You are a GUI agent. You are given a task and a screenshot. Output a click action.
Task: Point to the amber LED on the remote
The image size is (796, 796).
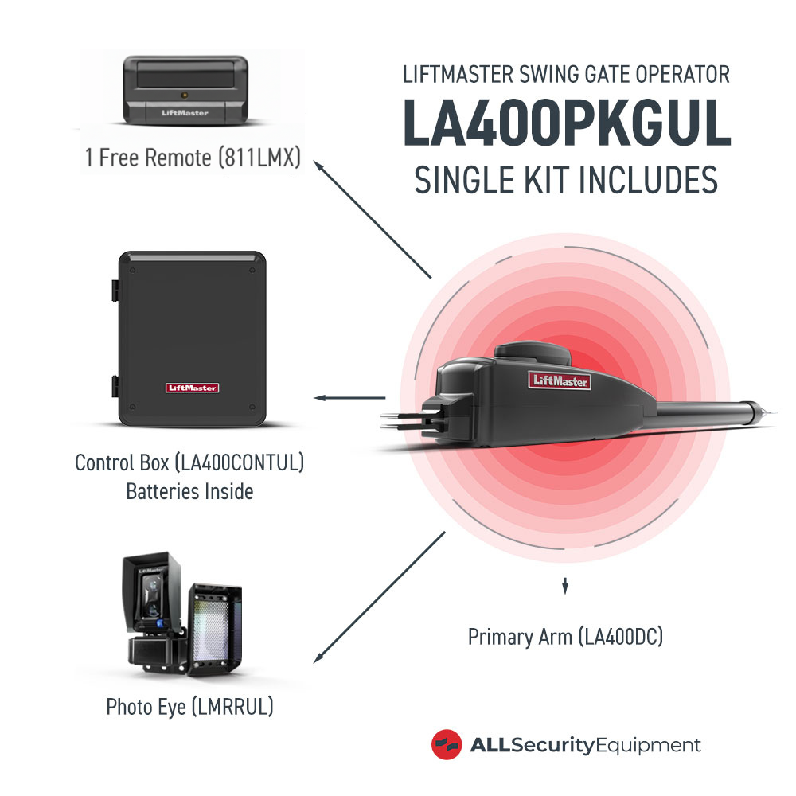(185, 95)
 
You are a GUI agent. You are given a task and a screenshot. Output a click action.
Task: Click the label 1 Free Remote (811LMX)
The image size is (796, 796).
(193, 158)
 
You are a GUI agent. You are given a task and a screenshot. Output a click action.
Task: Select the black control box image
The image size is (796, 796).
(189, 338)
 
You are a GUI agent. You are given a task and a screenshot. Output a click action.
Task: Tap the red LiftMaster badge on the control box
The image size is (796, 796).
(192, 388)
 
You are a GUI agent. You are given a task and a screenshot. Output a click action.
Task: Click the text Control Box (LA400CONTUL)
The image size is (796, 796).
(189, 462)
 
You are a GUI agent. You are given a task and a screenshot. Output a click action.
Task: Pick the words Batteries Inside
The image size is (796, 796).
(189, 491)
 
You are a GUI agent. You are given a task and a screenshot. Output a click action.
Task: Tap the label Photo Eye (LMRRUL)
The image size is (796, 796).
(189, 706)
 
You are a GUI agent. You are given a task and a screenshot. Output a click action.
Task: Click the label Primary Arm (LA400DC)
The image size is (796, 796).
(565, 637)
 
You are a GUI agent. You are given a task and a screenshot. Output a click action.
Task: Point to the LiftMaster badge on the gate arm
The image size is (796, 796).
(561, 381)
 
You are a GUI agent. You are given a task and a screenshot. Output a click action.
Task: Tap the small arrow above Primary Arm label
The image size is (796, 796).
(565, 587)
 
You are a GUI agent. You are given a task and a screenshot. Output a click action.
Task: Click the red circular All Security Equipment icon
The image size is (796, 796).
(447, 745)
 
